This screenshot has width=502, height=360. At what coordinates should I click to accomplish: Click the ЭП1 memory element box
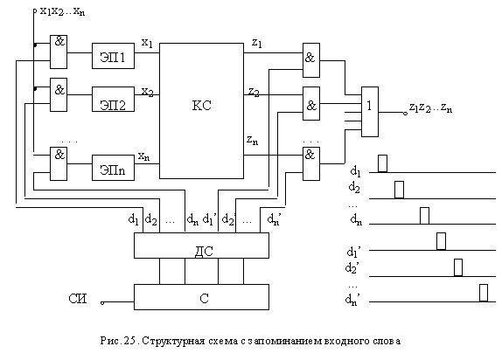[113, 56]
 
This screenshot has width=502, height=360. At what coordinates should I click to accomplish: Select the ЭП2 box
[113, 99]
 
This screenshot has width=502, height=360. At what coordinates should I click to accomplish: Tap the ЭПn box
[113, 168]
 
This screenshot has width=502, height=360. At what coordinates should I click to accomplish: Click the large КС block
[201, 111]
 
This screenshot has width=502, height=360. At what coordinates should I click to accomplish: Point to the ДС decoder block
[201, 246]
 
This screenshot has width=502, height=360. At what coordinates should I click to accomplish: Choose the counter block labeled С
[201, 297]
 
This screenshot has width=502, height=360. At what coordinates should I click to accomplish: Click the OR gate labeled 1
[370, 112]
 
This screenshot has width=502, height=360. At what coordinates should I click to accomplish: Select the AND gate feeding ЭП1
[59, 52]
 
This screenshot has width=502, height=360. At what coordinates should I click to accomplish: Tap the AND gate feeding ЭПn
[59, 163]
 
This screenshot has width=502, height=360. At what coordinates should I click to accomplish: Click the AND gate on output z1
[311, 60]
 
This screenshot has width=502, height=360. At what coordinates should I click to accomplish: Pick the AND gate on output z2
[311, 103]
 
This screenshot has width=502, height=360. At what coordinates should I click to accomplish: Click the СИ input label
[78, 299]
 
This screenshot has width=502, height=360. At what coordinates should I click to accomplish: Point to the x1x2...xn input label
[62, 11]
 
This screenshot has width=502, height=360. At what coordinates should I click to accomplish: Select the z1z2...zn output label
[430, 107]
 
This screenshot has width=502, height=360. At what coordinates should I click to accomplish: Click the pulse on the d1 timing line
[382, 163]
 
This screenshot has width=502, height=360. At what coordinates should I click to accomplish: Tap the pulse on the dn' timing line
[484, 293]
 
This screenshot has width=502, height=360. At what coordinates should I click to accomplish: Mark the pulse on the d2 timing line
[399, 190]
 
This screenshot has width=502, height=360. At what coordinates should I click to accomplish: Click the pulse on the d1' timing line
[441, 241]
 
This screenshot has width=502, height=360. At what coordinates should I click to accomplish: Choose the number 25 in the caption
[129, 341]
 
